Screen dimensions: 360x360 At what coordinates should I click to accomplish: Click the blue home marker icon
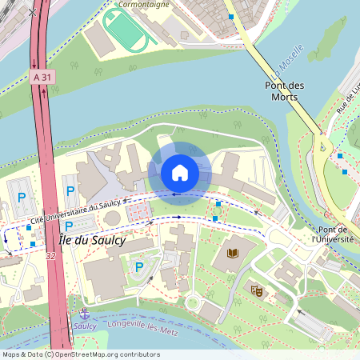(x=180, y=172)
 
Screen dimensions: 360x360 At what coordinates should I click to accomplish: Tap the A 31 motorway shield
(x=43, y=77)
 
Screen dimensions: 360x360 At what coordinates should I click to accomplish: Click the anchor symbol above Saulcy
(x=83, y=314)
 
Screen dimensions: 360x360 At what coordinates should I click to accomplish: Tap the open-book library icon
(x=233, y=254)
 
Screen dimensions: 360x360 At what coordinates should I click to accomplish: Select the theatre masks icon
(x=256, y=290)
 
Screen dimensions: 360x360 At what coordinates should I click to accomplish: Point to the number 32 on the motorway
(x=50, y=257)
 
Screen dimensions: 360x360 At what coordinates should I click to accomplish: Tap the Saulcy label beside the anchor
(x=83, y=326)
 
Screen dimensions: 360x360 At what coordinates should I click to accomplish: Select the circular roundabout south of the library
(x=192, y=302)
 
